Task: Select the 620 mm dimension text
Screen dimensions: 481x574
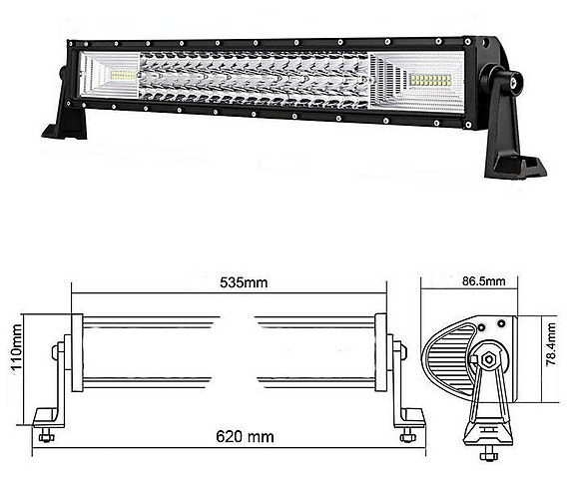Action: point(244,436)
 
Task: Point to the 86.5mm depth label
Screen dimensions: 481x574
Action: point(485,281)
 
